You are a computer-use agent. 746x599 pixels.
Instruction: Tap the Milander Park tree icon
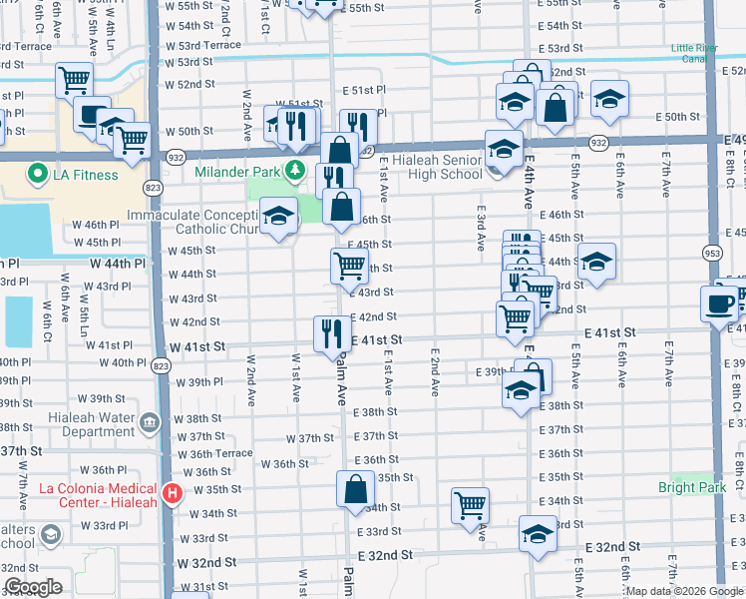(x=294, y=172)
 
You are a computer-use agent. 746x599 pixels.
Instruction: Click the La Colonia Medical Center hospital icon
(x=172, y=493)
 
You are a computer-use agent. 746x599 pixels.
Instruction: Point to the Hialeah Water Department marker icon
(x=150, y=422)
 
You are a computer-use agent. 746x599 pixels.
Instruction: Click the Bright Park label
(x=691, y=487)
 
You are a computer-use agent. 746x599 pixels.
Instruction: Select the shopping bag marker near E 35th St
(x=355, y=490)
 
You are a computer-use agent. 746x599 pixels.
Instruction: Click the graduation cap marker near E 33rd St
(x=538, y=533)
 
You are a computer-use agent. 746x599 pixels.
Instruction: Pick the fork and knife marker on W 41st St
(x=332, y=333)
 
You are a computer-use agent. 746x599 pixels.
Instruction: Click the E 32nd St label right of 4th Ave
(x=612, y=547)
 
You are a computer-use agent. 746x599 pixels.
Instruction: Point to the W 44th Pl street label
(x=118, y=264)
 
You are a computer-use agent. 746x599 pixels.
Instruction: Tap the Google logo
(x=34, y=587)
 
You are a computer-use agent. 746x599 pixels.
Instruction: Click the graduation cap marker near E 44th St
(x=596, y=262)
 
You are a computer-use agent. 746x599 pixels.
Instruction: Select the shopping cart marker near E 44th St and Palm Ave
(x=349, y=266)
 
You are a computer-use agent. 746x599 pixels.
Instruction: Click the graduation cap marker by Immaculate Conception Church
(x=279, y=216)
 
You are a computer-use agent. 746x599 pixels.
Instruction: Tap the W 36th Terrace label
(x=214, y=454)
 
